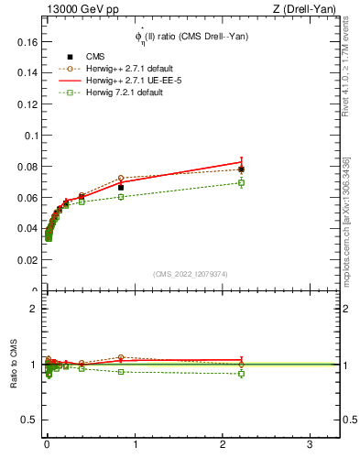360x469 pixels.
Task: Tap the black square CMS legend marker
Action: click(x=70, y=57)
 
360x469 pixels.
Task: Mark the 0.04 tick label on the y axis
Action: click(x=27, y=229)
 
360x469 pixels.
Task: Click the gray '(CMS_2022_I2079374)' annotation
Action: click(x=191, y=273)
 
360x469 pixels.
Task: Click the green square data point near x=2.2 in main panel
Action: click(x=241, y=182)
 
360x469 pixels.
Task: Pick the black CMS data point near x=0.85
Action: click(x=121, y=188)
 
